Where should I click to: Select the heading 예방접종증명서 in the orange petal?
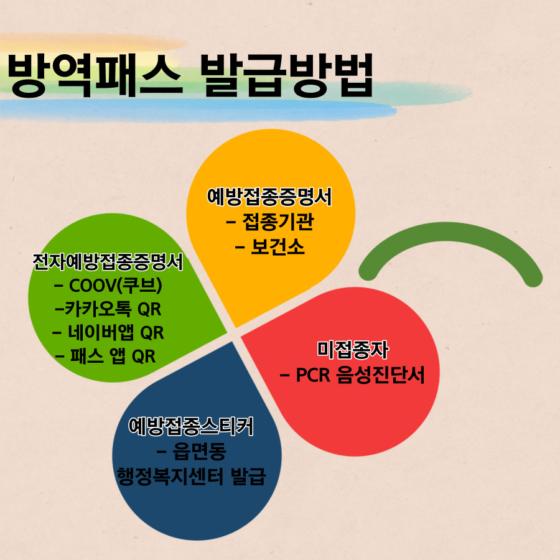[x=269, y=197]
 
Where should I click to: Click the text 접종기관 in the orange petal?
[x=278, y=222]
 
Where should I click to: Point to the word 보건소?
[x=278, y=247]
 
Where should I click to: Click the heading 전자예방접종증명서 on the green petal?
[x=108, y=262]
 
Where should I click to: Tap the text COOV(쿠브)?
[x=115, y=286]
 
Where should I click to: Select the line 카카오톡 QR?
[x=113, y=309]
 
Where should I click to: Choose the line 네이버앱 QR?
[x=116, y=332]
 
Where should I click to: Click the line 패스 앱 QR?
[x=113, y=356]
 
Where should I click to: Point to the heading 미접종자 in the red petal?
[x=353, y=350]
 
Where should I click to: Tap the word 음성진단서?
[x=381, y=375]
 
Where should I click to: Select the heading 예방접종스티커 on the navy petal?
[x=191, y=426]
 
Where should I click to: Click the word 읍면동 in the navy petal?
[x=199, y=451]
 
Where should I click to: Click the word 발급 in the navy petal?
[x=248, y=477]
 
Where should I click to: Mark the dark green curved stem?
[x=450, y=233]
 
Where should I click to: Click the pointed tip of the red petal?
[x=241, y=336]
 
